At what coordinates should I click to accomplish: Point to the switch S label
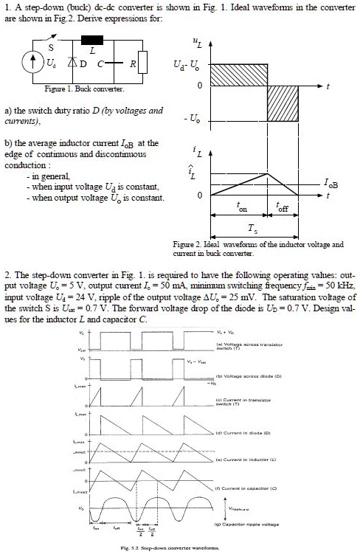(50, 46)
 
